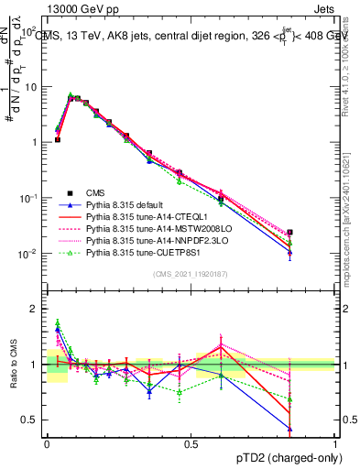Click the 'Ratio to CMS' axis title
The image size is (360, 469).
13,365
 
